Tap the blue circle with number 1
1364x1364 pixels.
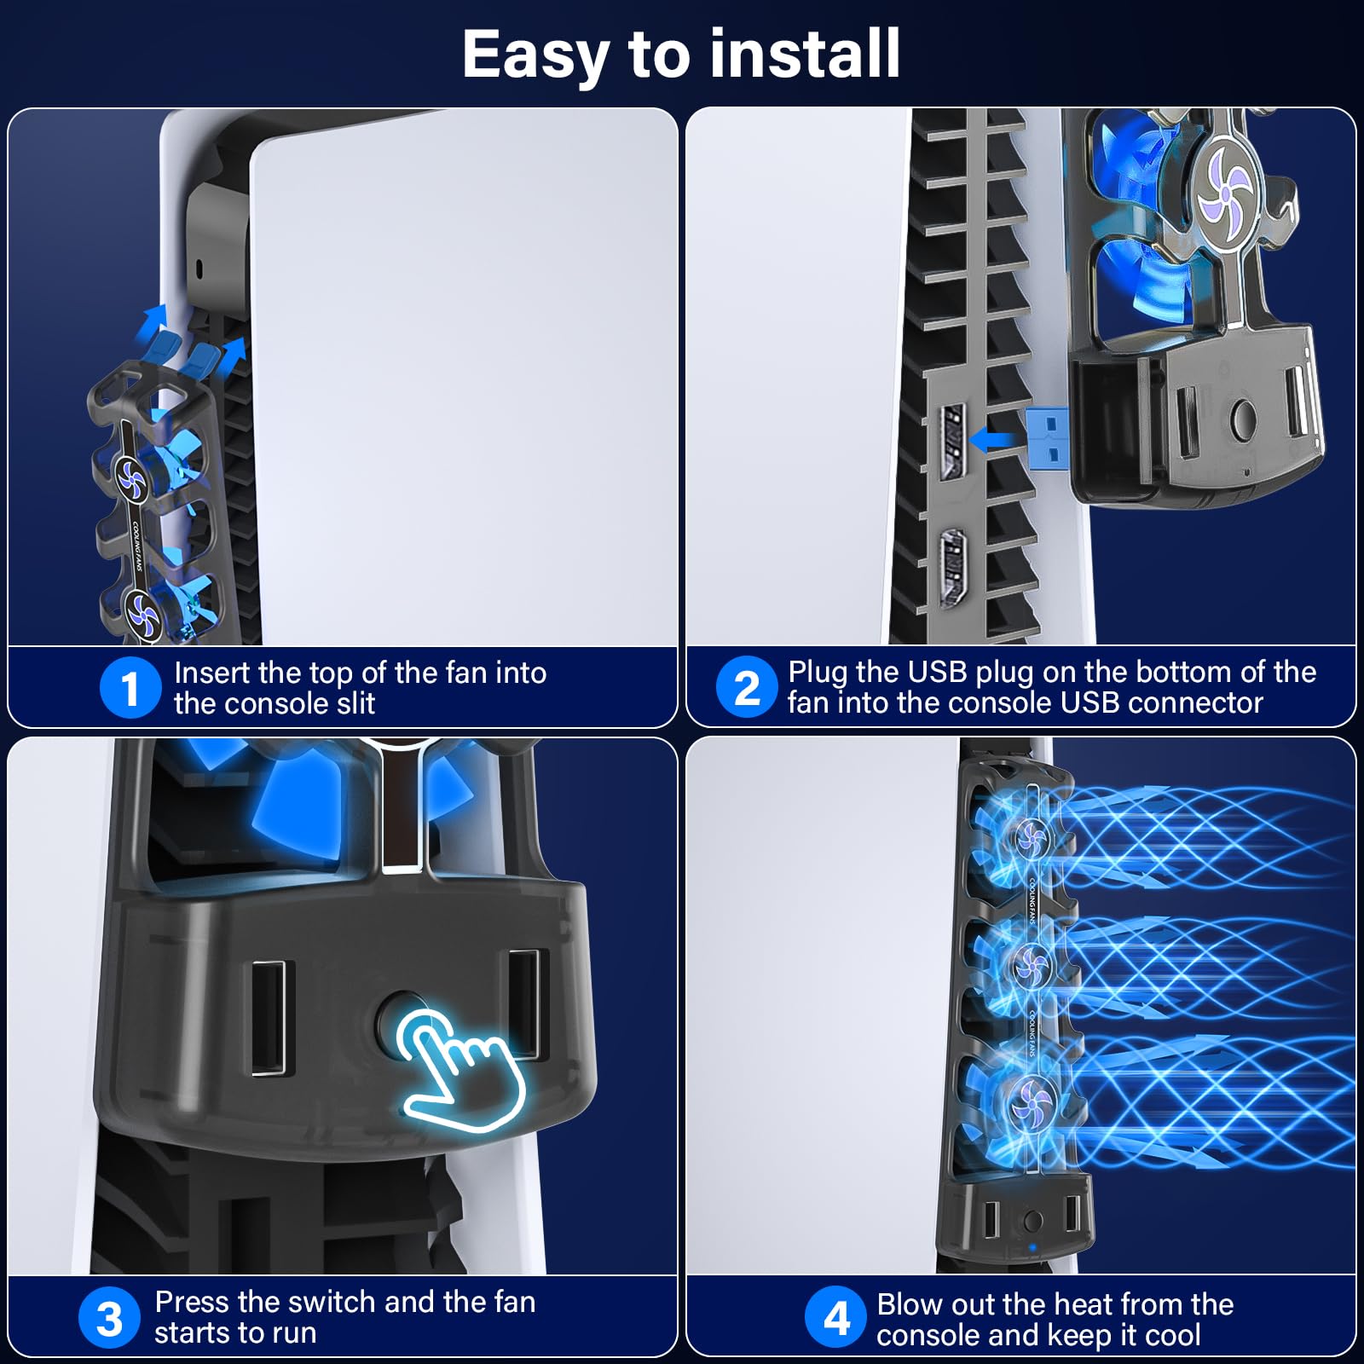pyautogui.click(x=130, y=688)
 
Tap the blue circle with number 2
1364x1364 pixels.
pyautogui.click(x=747, y=687)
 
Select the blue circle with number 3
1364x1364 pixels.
pyautogui.click(x=109, y=1318)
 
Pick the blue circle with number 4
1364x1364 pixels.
pyautogui.click(x=836, y=1317)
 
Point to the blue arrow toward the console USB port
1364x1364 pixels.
pyautogui.click(x=992, y=440)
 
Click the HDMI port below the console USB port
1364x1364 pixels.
pyautogui.click(x=952, y=569)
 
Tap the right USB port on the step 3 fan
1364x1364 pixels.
pyautogui.click(x=523, y=1003)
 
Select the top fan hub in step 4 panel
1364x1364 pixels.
pyautogui.click(x=1032, y=839)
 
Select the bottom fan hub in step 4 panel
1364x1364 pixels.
pyautogui.click(x=1032, y=1107)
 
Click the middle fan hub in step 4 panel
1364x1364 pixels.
pyautogui.click(x=1032, y=966)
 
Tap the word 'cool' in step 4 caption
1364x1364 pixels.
pyautogui.click(x=1173, y=1335)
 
